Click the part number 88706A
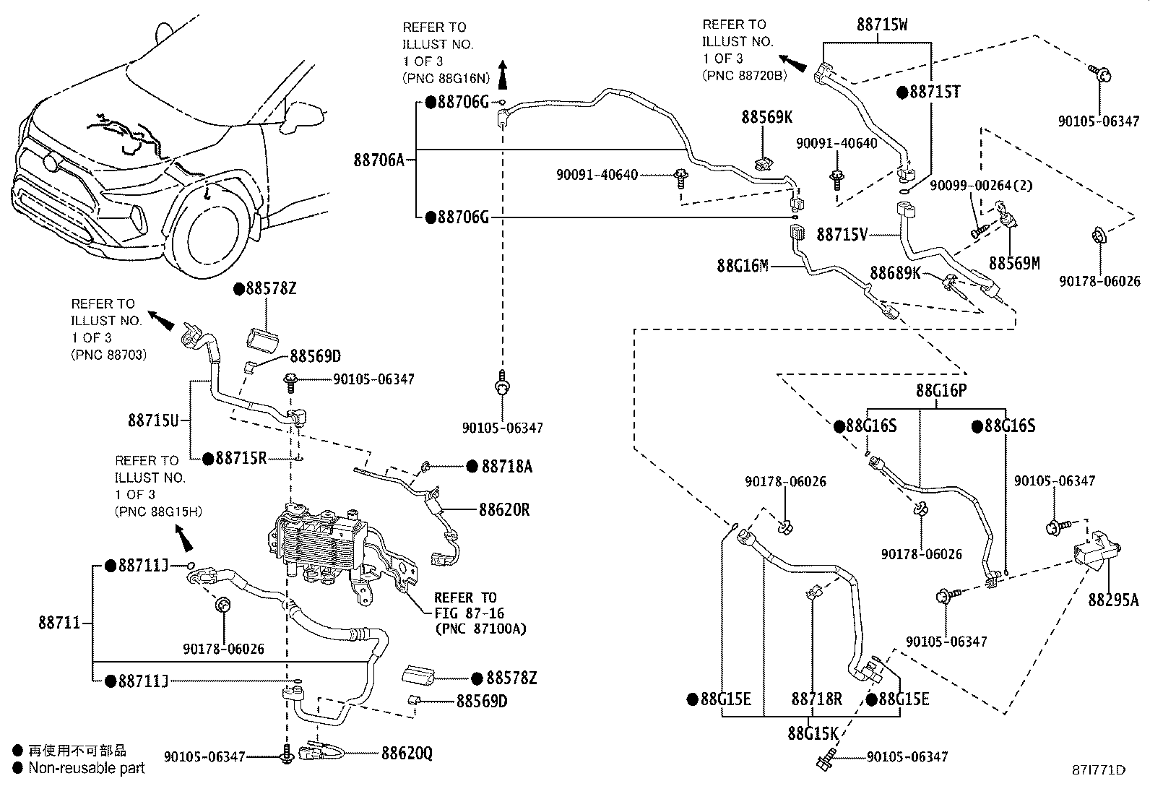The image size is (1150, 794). point(379,160)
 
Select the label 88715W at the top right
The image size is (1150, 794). point(882,25)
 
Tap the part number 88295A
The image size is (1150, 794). point(1113,600)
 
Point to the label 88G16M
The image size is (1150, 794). point(743,266)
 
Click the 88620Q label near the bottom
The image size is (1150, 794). point(407,754)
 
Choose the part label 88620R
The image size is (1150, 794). point(503,510)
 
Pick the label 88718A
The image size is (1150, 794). point(506,467)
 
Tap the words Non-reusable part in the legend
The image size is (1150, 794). point(87,769)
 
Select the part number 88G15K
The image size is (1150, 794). point(813,733)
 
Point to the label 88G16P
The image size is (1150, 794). point(941,391)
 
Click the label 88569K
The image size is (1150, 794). point(766,117)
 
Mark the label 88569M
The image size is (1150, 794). point(1014,264)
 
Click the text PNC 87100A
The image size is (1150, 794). point(480,629)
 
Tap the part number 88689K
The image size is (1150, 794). point(896,273)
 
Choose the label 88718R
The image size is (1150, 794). point(816,699)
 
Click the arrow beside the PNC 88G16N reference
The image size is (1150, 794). point(503,74)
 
